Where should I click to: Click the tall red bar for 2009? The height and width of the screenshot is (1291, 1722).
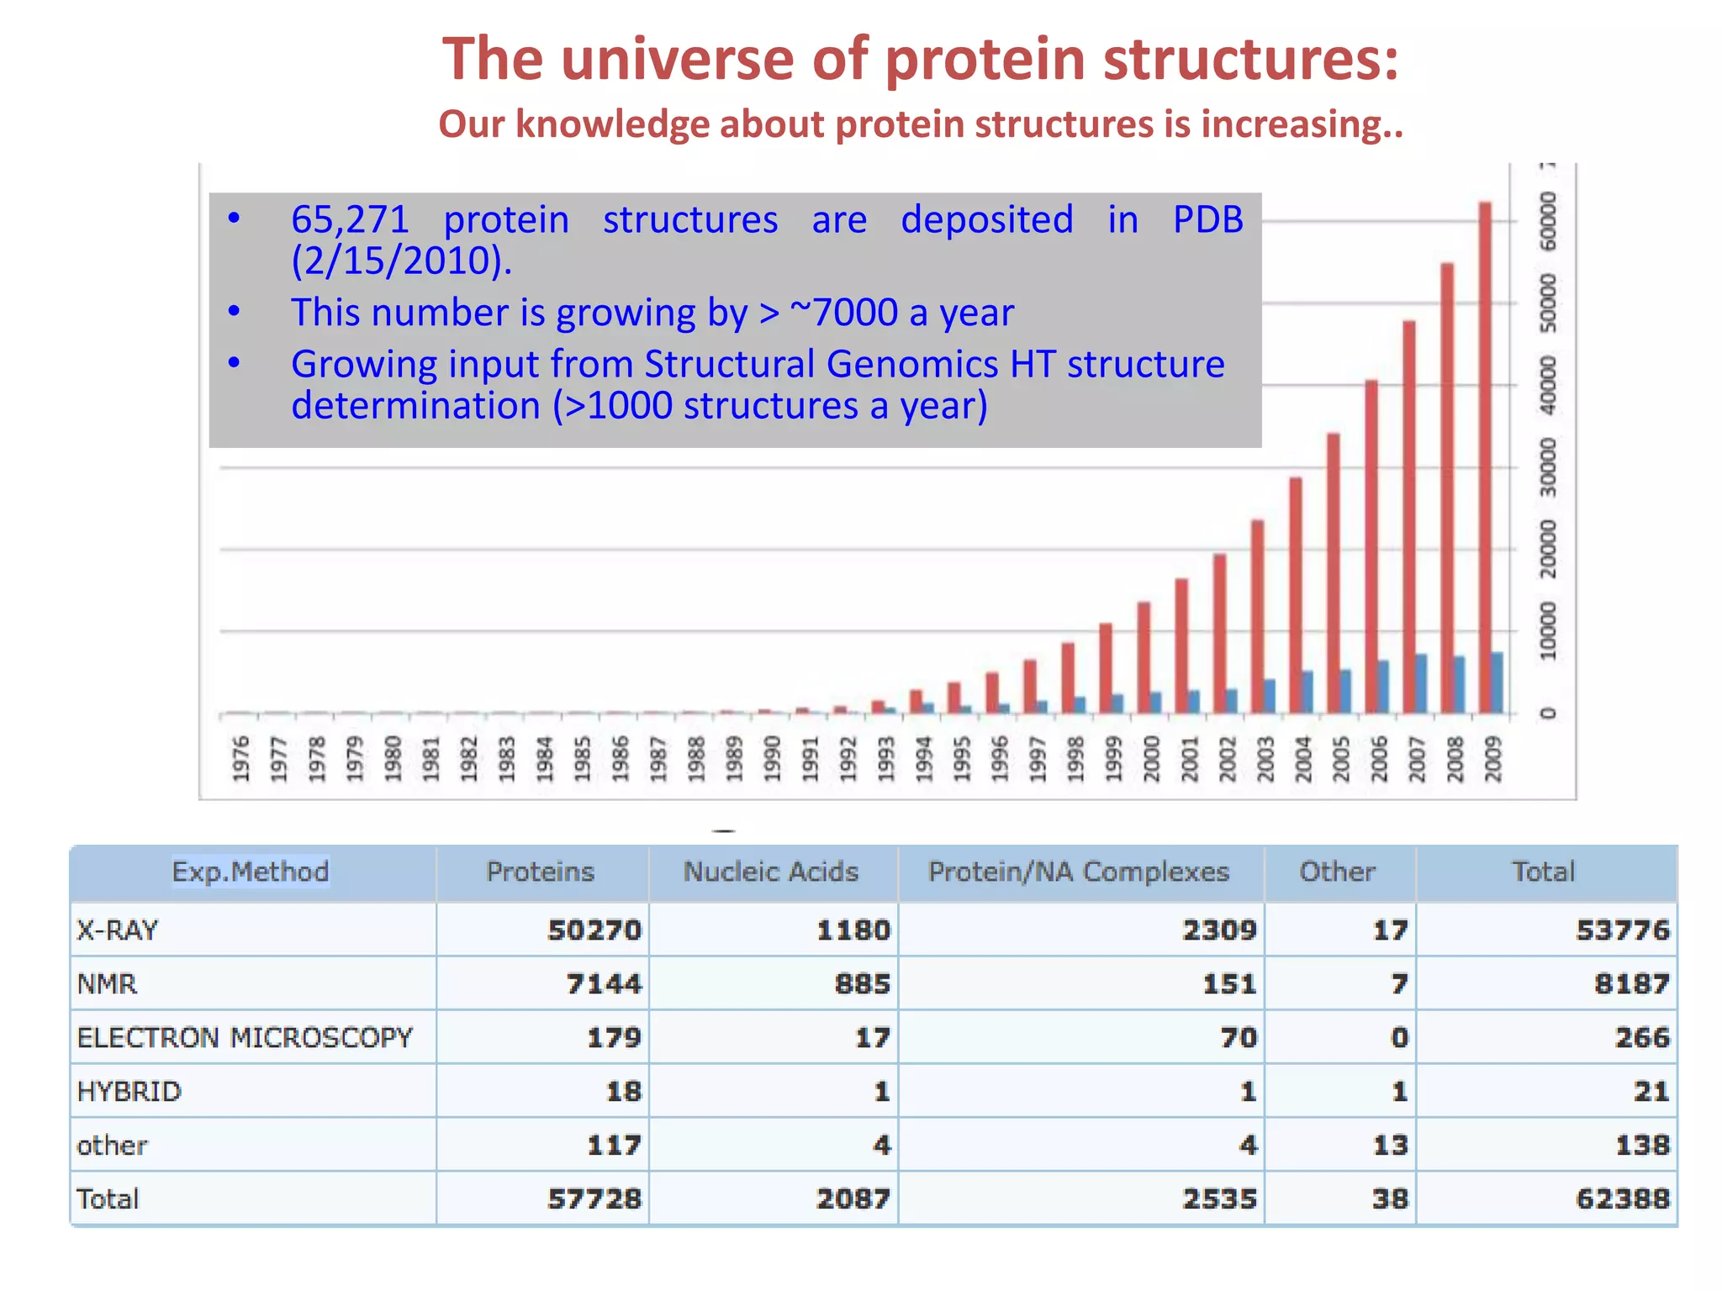1485,458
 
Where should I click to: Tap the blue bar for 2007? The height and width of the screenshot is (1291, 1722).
1421,683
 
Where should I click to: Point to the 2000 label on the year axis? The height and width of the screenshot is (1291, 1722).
1151,758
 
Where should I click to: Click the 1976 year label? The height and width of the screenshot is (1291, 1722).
241,758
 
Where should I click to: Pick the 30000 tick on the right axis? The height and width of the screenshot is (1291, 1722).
1548,467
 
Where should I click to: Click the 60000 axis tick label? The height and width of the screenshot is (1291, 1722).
1548,221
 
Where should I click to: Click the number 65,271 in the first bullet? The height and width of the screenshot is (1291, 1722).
350,220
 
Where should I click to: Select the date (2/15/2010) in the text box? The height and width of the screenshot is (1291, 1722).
401,261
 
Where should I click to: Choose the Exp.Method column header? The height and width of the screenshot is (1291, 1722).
251,872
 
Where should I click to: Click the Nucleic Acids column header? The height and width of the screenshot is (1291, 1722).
771,872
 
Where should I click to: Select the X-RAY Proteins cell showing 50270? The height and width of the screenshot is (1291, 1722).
594,930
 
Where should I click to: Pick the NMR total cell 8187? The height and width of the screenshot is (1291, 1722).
1631,983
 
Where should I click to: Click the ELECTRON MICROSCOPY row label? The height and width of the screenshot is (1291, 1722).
245,1037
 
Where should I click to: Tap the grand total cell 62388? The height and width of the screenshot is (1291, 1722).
1622,1199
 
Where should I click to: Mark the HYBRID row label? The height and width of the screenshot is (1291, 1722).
129,1091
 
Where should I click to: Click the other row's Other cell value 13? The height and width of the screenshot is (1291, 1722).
1390,1145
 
